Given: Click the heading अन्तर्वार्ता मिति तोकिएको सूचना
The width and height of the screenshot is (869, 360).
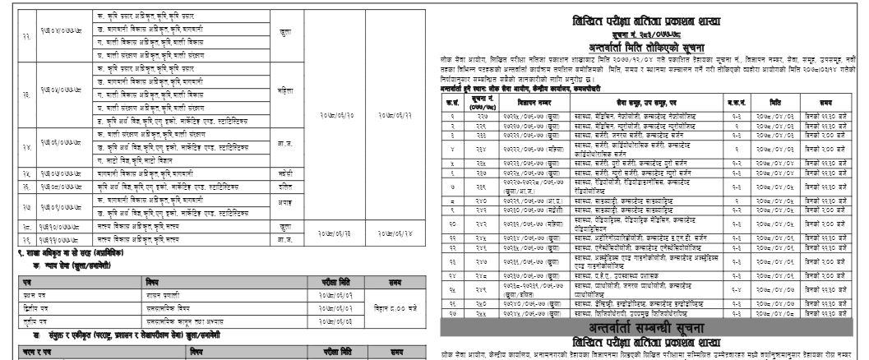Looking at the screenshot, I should pos(649,47).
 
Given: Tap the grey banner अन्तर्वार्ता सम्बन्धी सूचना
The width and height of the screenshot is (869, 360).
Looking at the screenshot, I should pos(649,326).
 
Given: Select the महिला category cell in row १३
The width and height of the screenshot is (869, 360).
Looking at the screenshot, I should pos(284,93).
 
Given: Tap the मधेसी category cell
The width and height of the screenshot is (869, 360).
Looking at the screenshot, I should pos(284,174).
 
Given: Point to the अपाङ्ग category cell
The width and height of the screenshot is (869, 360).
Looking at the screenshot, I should pos(284,203).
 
